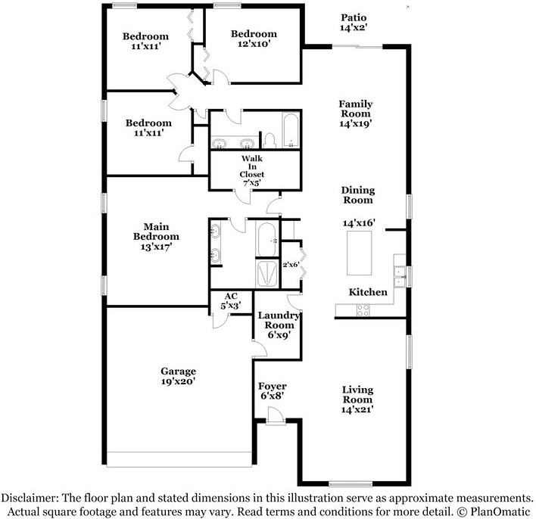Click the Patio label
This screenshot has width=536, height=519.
tap(354, 23)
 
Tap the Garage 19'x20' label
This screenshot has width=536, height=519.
tap(178, 376)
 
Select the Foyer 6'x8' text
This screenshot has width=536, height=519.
tap(272, 391)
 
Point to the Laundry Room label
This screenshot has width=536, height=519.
tap(279, 325)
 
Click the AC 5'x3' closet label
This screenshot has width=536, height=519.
tap(231, 300)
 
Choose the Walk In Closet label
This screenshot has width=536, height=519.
tap(252, 170)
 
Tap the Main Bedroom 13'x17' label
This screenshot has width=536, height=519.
tap(156, 237)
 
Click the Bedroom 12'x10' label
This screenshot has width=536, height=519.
tap(254, 39)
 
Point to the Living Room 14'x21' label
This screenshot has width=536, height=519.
tap(357, 399)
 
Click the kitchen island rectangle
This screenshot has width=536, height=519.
tap(360, 253)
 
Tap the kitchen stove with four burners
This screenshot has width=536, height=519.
tap(363, 310)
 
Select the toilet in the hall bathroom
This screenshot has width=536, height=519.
tap(270, 141)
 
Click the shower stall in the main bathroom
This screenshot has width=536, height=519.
tap(266, 273)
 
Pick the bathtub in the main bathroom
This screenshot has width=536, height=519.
tap(266, 240)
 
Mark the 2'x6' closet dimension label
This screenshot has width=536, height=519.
tap(291, 264)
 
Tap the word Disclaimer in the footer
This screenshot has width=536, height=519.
tap(30, 497)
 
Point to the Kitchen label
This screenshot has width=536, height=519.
tap(368, 292)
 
